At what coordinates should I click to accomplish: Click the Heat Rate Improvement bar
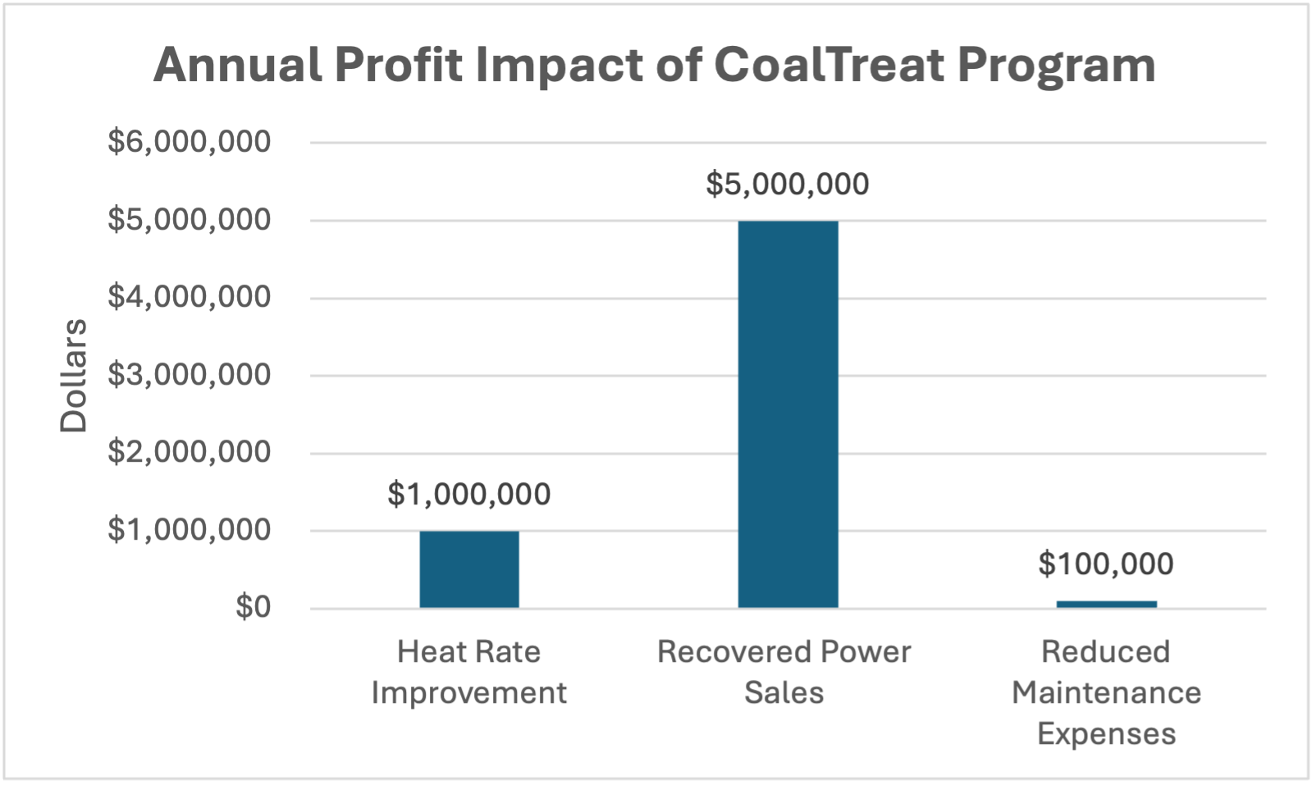tap(468, 569)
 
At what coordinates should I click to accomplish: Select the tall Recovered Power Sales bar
tap(788, 414)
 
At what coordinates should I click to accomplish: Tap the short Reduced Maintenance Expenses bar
tap(1106, 605)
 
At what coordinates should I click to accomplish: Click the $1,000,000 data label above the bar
tap(468, 495)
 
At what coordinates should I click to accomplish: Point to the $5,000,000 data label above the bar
tap(787, 185)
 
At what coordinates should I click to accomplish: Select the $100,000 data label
tap(1105, 564)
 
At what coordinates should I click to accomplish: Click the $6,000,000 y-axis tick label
tap(189, 142)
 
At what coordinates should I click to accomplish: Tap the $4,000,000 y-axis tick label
tap(189, 297)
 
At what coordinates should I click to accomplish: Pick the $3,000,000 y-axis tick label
tap(189, 375)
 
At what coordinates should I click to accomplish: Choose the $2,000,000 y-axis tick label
tap(189, 452)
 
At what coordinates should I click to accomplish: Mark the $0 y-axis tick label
tap(253, 608)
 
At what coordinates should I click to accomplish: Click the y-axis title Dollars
tap(74, 375)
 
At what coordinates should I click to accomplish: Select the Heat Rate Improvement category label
tap(468, 672)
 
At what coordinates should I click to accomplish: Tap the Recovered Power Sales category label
tap(784, 672)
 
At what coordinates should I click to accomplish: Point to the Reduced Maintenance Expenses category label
tap(1106, 692)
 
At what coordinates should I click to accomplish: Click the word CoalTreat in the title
tap(829, 65)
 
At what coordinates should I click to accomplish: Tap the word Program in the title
tap(1056, 65)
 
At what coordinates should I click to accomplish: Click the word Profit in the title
tap(399, 65)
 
